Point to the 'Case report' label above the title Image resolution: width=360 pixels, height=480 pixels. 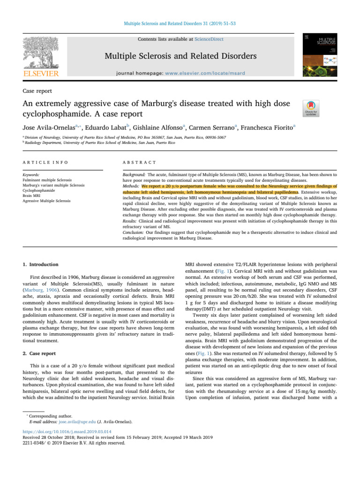pos(38,90)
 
